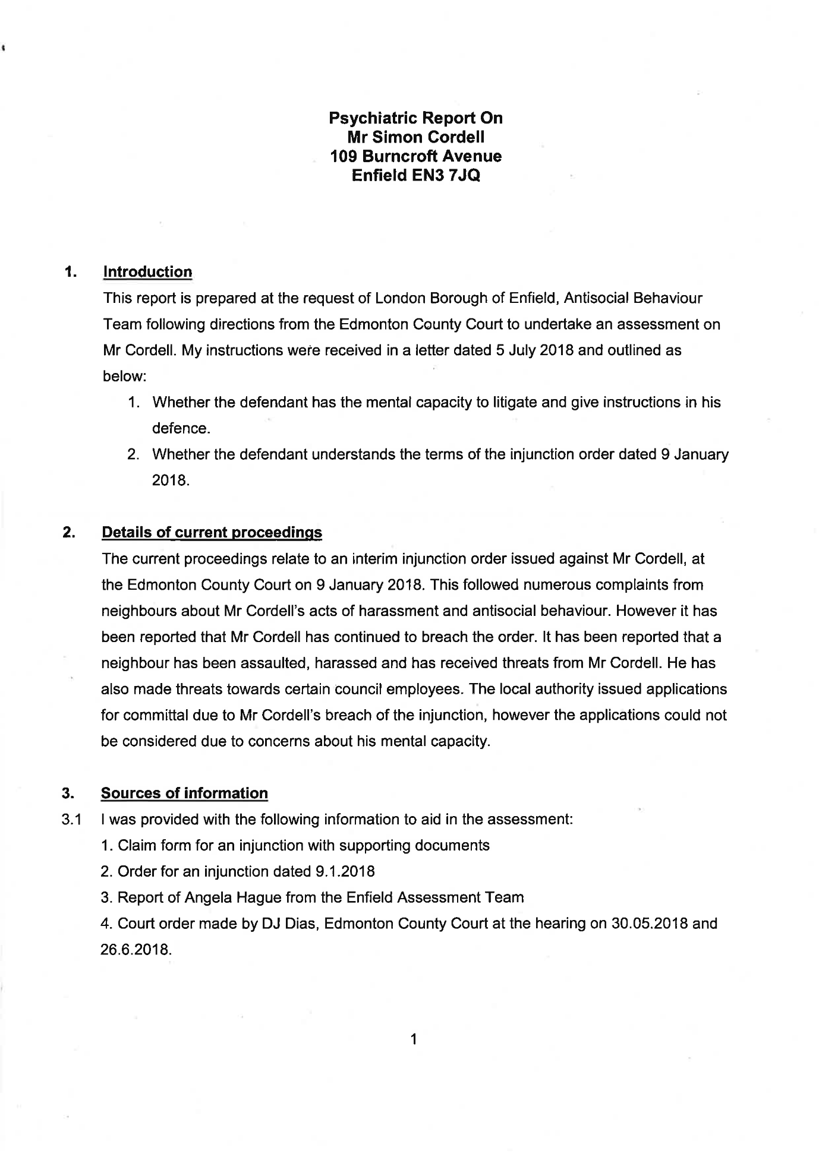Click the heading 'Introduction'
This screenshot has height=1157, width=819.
pos(147,272)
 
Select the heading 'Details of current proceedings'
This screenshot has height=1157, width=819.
pos(212,532)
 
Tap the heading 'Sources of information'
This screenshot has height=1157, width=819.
pos(184,794)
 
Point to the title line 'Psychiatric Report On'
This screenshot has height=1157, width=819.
pos(415,118)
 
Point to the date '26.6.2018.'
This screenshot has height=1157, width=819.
pos(137,950)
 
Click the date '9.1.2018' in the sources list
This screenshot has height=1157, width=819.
pos(343,871)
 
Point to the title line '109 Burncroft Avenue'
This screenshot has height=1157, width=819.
pos(415,157)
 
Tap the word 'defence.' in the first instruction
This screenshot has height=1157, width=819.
pos(181,429)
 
